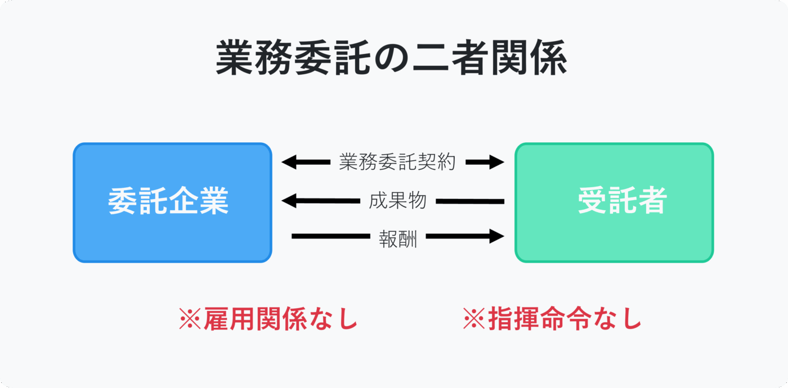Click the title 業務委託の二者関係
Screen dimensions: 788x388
(391, 57)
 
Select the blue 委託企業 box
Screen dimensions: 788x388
(172, 202)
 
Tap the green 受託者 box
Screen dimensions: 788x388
(614, 202)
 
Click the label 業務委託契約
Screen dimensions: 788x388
(397, 162)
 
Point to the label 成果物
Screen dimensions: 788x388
(398, 201)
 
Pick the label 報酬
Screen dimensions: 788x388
(398, 240)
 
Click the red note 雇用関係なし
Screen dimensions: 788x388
(281, 319)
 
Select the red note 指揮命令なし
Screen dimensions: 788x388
(565, 319)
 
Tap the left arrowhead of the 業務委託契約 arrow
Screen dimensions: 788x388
(289, 162)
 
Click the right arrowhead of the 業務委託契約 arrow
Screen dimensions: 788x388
(497, 162)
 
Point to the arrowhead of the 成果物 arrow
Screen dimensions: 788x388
(289, 201)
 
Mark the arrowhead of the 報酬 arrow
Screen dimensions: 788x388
(497, 236)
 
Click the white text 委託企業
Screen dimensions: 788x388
(168, 201)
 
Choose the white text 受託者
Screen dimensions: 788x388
(623, 200)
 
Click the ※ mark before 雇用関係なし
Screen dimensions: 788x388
(190, 319)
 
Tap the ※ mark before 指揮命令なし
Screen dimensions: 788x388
(474, 319)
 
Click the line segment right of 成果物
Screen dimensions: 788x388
(470, 201)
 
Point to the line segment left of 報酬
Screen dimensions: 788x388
(331, 236)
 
